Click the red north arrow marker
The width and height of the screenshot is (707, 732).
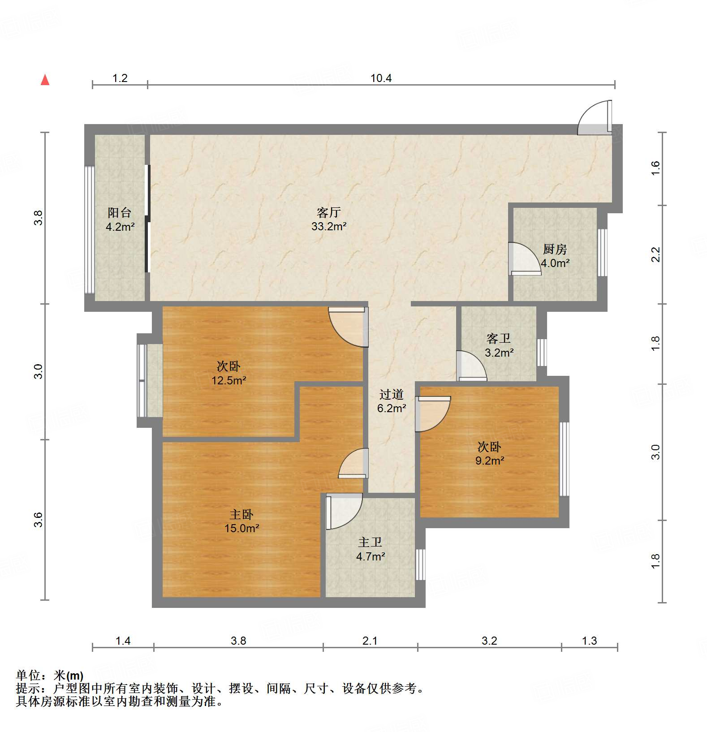[45, 80]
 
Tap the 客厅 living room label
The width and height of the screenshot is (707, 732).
[329, 212]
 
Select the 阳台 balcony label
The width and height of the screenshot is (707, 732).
[120, 213]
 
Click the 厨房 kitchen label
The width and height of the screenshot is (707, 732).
[555, 249]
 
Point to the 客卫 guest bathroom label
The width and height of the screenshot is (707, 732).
[499, 339]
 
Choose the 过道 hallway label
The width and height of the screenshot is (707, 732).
[392, 394]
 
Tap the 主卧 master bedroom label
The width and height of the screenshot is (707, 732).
[241, 514]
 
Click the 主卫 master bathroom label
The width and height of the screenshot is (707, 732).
[371, 543]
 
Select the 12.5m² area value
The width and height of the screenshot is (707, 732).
[229, 381]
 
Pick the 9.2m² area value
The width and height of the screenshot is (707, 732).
[490, 461]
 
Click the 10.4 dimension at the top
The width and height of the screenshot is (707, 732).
[381, 78]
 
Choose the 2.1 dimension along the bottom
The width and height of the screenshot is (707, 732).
[370, 641]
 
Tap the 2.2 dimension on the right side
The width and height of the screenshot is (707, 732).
[656, 254]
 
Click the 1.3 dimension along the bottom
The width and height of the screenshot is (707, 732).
[590, 641]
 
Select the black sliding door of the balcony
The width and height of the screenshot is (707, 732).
[147, 219]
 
